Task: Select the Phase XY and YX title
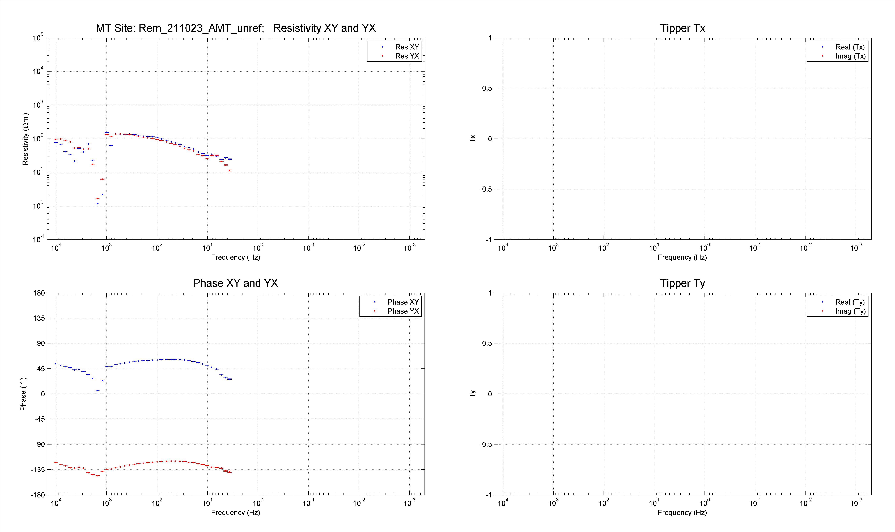pyautogui.click(x=236, y=283)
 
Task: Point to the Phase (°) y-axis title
pyautogui.click(x=23, y=394)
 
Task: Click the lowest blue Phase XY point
pyautogui.click(x=97, y=390)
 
